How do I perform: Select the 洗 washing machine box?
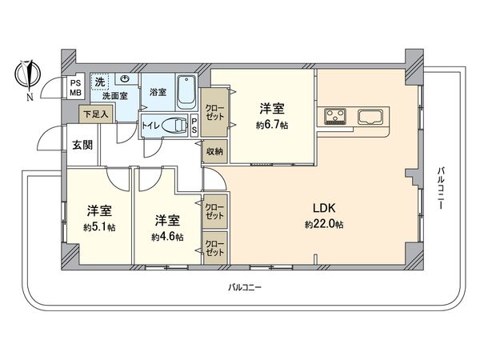click(100, 81)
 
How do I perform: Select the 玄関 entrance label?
click(82, 145)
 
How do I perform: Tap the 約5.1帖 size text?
click(99, 227)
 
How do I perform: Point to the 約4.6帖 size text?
click(167, 237)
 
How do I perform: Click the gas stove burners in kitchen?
click(334, 117)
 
